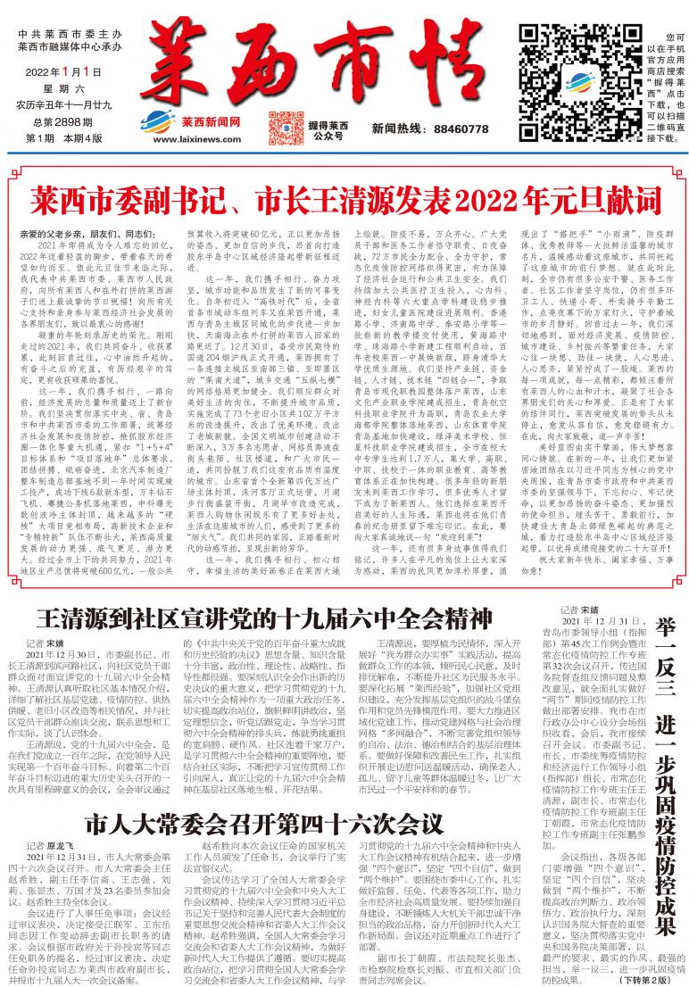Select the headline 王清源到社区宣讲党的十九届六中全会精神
tap(263, 593)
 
